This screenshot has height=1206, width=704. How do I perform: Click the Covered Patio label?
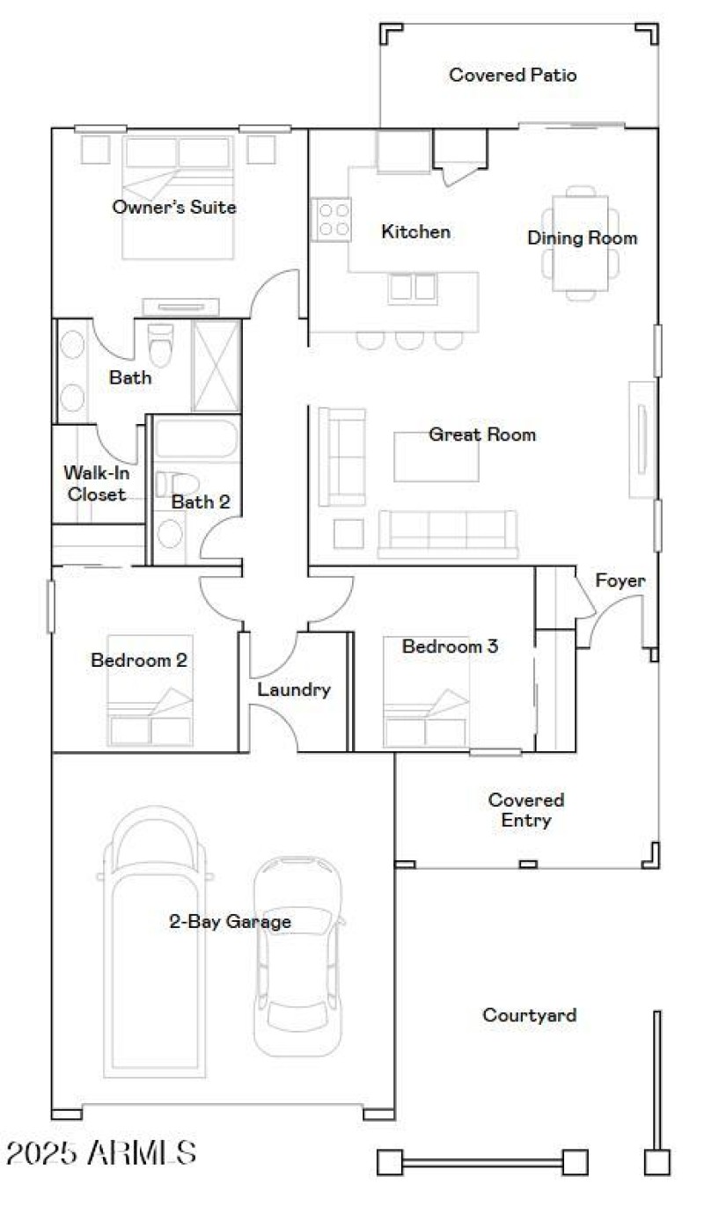513,76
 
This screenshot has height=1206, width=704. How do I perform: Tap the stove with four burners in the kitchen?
332,219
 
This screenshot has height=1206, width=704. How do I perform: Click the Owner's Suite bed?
179,198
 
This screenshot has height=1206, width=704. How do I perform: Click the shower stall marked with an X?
216,365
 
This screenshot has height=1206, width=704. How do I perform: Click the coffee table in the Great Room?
436,457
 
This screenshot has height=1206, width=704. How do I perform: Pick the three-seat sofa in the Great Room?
448,533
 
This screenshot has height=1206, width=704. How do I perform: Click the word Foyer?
620,581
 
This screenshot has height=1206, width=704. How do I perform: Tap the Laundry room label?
294,690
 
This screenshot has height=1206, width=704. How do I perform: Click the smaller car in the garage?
298,954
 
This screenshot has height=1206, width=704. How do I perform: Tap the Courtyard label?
530,1015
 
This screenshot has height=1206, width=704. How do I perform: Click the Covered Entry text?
526,810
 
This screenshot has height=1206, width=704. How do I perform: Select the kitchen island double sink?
412,289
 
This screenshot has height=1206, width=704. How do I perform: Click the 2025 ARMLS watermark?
101,1151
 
